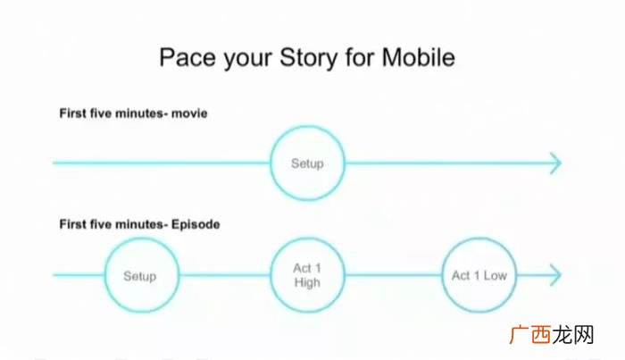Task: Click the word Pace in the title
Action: pyautogui.click(x=188, y=57)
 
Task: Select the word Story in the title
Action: pyautogui.click(x=308, y=58)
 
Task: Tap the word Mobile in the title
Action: pyautogui.click(x=419, y=57)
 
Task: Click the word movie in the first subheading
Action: pyautogui.click(x=189, y=113)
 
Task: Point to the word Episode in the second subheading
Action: pyautogui.click(x=196, y=224)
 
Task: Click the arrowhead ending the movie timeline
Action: pyautogui.click(x=556, y=163)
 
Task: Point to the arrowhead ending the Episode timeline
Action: pyautogui.click(x=556, y=275)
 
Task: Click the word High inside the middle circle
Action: pyautogui.click(x=307, y=282)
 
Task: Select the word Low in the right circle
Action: pyautogui.click(x=496, y=275)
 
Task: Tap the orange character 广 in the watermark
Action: pyautogui.click(x=520, y=334)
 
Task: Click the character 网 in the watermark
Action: pyautogui.click(x=584, y=334)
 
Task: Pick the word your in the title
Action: pyautogui.click(x=247, y=60)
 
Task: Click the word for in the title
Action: pyautogui.click(x=360, y=57)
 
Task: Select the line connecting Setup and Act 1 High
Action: pyautogui.click(x=225, y=275)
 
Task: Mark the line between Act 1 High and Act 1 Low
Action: pyautogui.click(x=394, y=275)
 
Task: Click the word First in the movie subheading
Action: pyautogui.click(x=73, y=113)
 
